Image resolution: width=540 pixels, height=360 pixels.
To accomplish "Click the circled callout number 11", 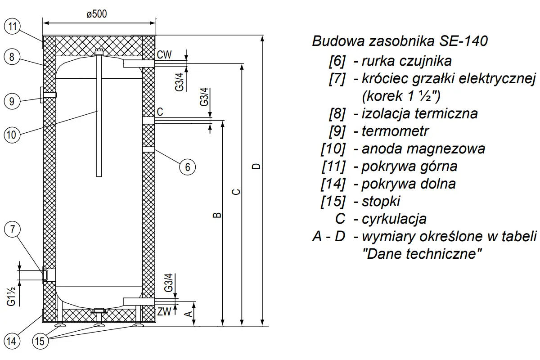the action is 12,26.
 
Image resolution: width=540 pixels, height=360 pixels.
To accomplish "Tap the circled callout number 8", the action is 12,57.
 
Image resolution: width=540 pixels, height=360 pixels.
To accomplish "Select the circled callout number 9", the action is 12,101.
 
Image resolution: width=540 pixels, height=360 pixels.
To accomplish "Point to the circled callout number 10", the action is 12,135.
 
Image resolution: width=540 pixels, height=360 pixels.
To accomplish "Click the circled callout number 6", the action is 187,167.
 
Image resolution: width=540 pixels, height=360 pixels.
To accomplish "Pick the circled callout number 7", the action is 13,229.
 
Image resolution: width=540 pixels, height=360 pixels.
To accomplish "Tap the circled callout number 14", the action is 11,341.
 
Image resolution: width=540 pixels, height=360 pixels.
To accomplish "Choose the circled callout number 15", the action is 40,341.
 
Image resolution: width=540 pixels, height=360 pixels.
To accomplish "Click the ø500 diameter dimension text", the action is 97,14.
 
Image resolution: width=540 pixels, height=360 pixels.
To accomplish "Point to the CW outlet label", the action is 164,55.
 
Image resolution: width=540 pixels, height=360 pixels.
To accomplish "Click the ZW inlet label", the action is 164,311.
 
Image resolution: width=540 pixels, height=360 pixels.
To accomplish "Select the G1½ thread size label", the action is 11,297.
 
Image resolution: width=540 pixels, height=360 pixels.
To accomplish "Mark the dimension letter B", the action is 217,215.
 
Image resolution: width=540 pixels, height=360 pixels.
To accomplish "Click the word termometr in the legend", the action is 395,131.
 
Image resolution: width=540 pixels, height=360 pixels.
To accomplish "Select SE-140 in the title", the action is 463,41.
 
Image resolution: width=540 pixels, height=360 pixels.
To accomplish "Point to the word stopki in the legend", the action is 381,202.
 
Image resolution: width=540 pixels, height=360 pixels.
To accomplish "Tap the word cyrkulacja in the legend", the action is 394,219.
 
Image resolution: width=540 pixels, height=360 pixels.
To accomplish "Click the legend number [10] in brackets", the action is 333,149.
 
